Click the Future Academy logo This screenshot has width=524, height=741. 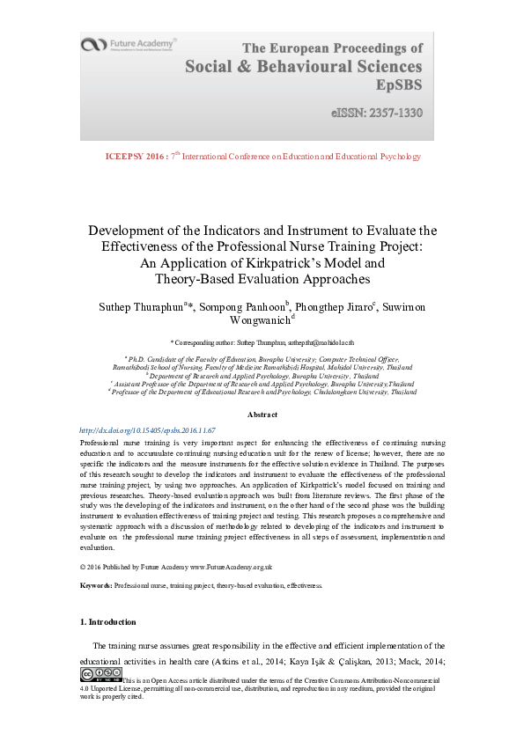click(x=128, y=44)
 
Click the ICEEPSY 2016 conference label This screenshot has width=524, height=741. click(x=135, y=157)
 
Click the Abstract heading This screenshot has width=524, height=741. click(x=262, y=415)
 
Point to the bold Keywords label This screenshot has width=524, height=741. click(x=96, y=585)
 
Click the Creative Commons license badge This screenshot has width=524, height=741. click(x=100, y=675)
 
